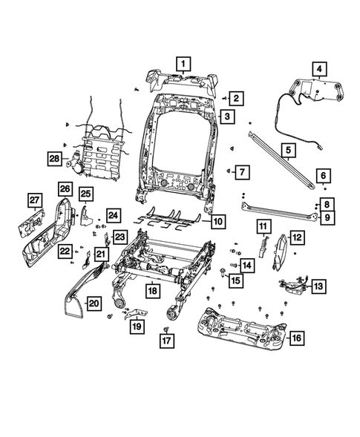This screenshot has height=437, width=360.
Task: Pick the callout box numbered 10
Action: tap(217, 221)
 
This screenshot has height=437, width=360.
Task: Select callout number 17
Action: tap(167, 341)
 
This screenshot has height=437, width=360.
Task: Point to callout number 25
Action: tap(85, 194)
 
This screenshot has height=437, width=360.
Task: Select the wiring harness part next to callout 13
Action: tap(295, 283)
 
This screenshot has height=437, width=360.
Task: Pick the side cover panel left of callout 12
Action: tap(281, 250)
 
